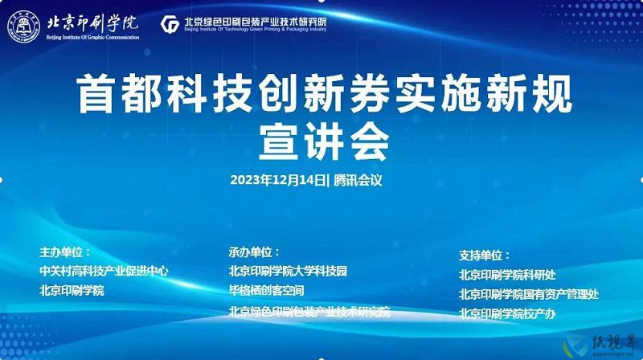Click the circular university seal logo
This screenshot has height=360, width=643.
click(x=24, y=27)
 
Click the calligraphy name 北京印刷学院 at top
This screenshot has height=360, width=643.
click(x=92, y=23)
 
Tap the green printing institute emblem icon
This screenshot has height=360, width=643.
click(x=170, y=25)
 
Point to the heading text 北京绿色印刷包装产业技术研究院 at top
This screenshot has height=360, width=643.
click(x=256, y=22)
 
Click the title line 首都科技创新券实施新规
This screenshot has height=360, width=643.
click(x=324, y=93)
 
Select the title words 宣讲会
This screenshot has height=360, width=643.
click(x=324, y=142)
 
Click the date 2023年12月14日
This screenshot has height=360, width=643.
click(x=278, y=180)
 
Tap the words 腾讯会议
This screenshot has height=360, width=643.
click(x=358, y=180)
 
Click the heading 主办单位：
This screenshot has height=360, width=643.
click(x=65, y=252)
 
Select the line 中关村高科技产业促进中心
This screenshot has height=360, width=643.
click(x=104, y=271)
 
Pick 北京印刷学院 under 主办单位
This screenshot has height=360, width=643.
click(x=72, y=290)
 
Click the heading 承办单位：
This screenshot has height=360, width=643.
click(x=254, y=252)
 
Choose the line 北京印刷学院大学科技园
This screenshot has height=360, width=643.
click(x=288, y=271)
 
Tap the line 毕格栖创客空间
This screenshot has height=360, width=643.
click(x=267, y=290)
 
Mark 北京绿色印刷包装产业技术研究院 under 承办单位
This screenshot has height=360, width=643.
click(x=309, y=312)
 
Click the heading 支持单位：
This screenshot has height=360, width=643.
click(x=485, y=256)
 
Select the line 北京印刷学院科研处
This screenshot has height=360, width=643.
click(x=507, y=275)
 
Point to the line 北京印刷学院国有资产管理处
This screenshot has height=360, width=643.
click(x=529, y=294)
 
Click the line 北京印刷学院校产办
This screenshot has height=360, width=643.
click(x=507, y=313)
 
